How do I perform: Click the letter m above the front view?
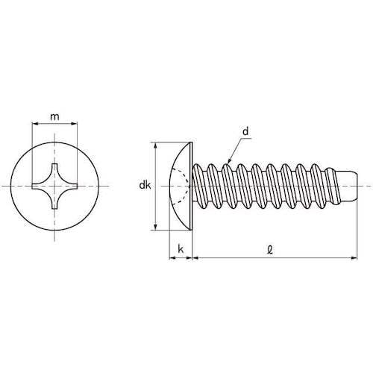[x=54, y=116]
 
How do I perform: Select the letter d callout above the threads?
[x=245, y=132]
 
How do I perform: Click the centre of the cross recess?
[x=54, y=185]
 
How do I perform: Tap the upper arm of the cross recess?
[x=54, y=166]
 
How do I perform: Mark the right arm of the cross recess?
[x=74, y=185]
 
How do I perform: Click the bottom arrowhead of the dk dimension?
[x=155, y=228]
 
